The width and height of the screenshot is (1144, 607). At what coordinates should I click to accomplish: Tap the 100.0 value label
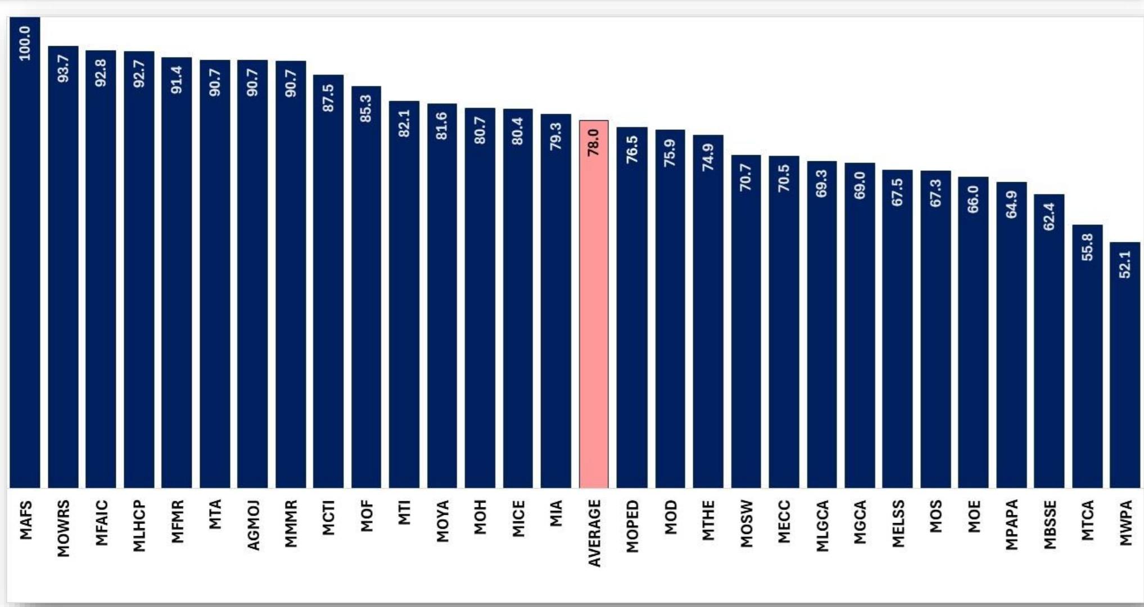click(25, 43)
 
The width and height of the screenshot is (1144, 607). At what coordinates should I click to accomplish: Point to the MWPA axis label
click(1125, 523)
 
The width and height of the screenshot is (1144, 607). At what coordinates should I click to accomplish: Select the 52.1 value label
click(1125, 264)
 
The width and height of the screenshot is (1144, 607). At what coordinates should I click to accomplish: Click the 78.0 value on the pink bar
click(594, 142)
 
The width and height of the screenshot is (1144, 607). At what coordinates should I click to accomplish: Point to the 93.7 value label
click(63, 69)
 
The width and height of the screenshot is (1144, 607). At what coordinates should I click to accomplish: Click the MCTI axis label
click(328, 518)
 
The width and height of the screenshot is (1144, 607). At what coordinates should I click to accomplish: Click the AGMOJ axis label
click(252, 525)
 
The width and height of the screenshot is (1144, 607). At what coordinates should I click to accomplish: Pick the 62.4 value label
click(1049, 216)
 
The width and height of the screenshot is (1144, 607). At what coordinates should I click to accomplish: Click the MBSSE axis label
click(1049, 524)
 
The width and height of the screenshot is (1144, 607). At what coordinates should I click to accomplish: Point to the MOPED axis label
click(632, 526)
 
